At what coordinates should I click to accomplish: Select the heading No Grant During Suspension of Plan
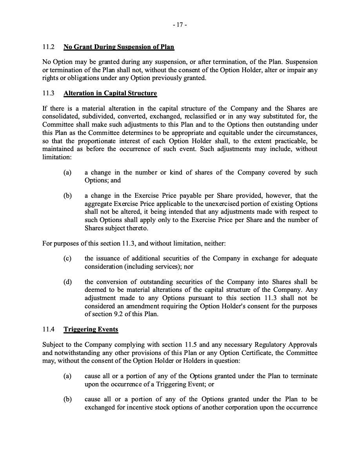click(x=118, y=47)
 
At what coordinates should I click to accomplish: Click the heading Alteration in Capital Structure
click(x=110, y=93)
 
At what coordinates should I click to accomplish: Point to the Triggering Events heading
click(x=91, y=329)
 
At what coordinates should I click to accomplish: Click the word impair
click(x=296, y=70)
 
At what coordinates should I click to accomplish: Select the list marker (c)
click(x=67, y=258)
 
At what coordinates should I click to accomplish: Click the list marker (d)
click(x=67, y=282)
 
